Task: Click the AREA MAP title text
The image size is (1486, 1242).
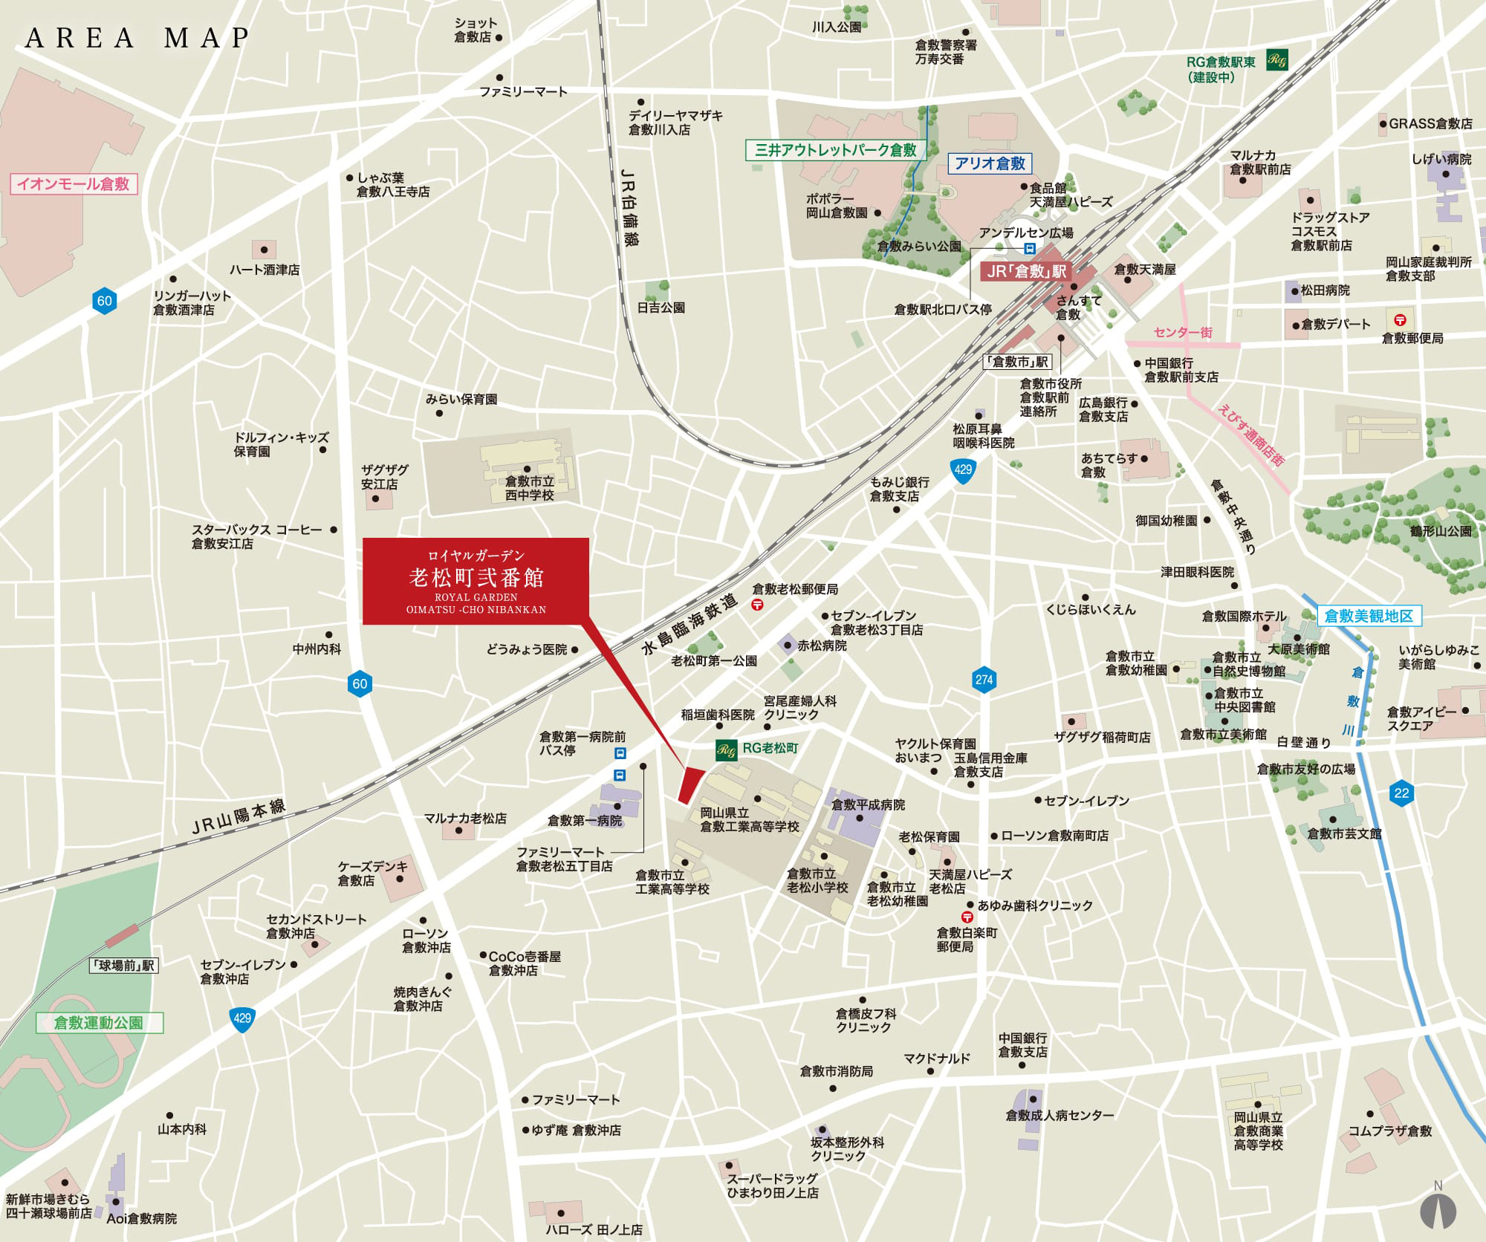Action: tap(137, 38)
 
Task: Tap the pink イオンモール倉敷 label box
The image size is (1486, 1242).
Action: tap(74, 184)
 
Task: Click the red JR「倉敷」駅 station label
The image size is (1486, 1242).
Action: tap(1026, 272)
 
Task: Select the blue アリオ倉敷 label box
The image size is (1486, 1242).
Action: tap(990, 163)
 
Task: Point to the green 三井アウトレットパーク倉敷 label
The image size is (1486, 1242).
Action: tap(835, 150)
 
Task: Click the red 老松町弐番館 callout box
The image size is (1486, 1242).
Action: tap(476, 581)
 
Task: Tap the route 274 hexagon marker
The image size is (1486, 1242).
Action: tap(984, 679)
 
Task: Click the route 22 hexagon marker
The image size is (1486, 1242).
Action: tap(1401, 793)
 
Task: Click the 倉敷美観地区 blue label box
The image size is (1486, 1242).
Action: tap(1369, 616)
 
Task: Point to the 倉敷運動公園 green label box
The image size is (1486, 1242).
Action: tap(99, 1023)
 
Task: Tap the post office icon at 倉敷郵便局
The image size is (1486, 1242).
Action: tap(1400, 320)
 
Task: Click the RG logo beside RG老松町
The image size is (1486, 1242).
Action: tap(726, 750)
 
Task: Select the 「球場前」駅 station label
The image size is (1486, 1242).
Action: tap(123, 966)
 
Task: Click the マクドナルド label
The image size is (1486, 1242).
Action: tap(937, 1059)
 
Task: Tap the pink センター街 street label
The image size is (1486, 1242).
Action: tap(1184, 332)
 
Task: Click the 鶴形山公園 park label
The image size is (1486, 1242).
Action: tap(1440, 531)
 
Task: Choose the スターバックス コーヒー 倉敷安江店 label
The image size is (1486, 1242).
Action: tap(256, 536)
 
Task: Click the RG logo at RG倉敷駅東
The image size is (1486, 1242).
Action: tap(1277, 60)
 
